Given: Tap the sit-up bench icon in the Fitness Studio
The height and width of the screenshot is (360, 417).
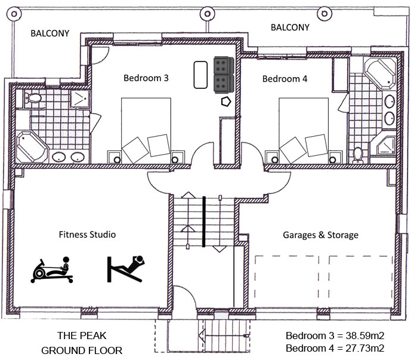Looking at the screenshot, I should point(126,268).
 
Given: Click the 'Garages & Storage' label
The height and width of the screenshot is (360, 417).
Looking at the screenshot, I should point(320,235).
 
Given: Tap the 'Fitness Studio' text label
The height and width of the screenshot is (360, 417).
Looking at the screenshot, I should point(87,235).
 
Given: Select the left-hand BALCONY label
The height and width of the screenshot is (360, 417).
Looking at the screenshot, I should point(50,34).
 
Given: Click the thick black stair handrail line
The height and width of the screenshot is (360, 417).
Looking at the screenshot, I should point(204,221).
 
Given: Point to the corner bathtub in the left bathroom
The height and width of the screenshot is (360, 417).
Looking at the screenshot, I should point(32,146).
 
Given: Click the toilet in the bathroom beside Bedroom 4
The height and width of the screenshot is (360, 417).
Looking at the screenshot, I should point(358,155).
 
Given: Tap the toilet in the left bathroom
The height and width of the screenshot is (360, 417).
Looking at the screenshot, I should point(33,98).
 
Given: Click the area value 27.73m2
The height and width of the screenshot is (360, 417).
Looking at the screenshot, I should point(362,347).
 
